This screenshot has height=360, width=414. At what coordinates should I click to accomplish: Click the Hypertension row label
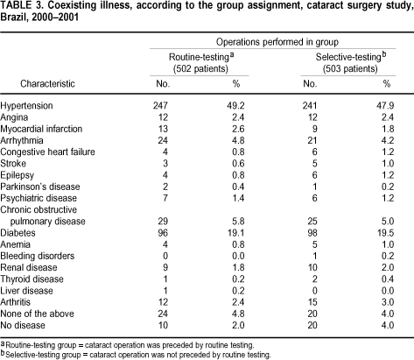[x=26, y=106]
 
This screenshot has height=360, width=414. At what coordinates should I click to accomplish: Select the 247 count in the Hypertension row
[x=160, y=106]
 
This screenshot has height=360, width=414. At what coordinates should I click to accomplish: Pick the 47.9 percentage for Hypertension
[x=385, y=106]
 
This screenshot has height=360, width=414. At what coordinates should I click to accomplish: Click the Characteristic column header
[x=47, y=84]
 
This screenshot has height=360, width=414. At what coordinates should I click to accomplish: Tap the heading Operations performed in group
[x=277, y=42]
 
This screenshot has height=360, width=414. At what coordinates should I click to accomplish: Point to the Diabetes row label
[x=18, y=233]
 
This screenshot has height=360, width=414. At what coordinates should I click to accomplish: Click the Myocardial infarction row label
[x=41, y=129]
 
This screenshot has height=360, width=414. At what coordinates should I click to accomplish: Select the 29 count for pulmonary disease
[x=163, y=222]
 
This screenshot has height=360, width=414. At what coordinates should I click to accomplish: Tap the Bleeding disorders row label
[x=38, y=256]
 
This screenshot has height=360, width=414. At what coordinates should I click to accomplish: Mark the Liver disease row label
[x=26, y=291]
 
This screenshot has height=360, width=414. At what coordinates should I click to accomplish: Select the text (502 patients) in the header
[x=201, y=68]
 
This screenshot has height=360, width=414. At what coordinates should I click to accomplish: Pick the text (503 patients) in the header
[x=350, y=68]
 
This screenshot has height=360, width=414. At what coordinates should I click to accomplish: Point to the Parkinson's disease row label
[x=40, y=187]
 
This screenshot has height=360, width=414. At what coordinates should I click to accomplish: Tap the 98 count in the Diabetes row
[x=312, y=233]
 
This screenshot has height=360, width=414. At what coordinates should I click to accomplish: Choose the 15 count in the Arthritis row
[x=312, y=302]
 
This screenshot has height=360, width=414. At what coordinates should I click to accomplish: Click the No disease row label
[x=23, y=325]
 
